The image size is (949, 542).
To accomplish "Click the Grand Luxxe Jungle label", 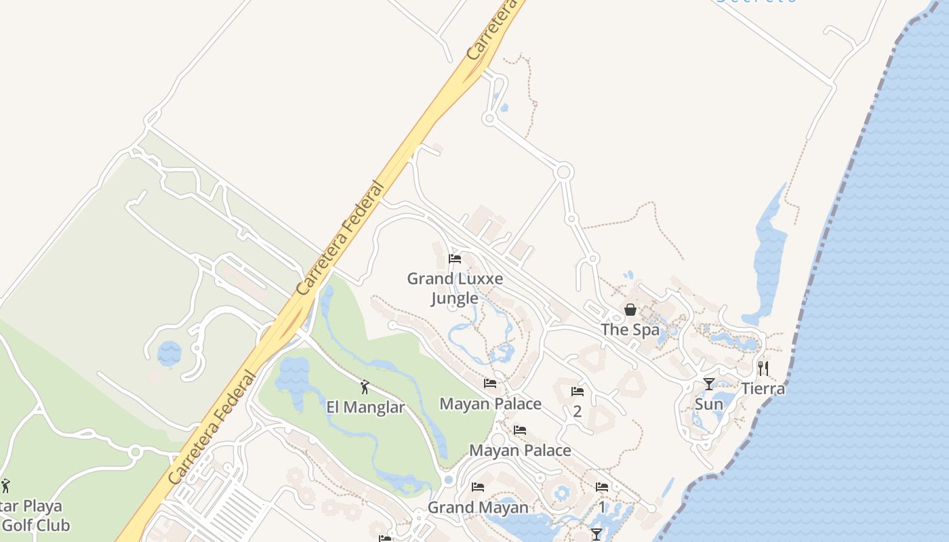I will pyautogui.click(x=455, y=288).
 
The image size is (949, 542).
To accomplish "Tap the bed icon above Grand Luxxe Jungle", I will pyautogui.click(x=455, y=259).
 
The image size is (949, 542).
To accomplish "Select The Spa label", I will pyautogui.click(x=630, y=330).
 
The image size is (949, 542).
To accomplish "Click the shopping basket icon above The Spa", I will pyautogui.click(x=630, y=310).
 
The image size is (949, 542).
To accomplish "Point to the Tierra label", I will pyautogui.click(x=763, y=389).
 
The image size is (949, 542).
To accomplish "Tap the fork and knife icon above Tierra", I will pyautogui.click(x=763, y=368).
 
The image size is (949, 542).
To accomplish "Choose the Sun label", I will pyautogui.click(x=709, y=404).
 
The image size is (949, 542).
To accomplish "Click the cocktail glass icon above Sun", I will pyautogui.click(x=709, y=384).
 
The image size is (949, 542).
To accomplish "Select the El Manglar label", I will pyautogui.click(x=365, y=407).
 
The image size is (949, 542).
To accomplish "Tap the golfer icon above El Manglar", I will pyautogui.click(x=365, y=387).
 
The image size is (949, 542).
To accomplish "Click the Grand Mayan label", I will pyautogui.click(x=478, y=507).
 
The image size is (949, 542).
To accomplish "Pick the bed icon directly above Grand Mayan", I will pyautogui.click(x=478, y=487).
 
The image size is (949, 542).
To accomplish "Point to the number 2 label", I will pyautogui.click(x=578, y=411).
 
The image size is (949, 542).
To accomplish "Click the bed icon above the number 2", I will pyautogui.click(x=578, y=392).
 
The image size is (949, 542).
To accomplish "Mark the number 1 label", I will pyautogui.click(x=602, y=507).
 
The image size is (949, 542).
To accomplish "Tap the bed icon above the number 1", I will pyautogui.click(x=602, y=487).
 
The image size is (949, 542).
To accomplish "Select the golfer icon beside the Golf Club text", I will pyautogui.click(x=6, y=485).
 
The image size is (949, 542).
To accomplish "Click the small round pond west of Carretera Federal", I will pyautogui.click(x=169, y=353).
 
